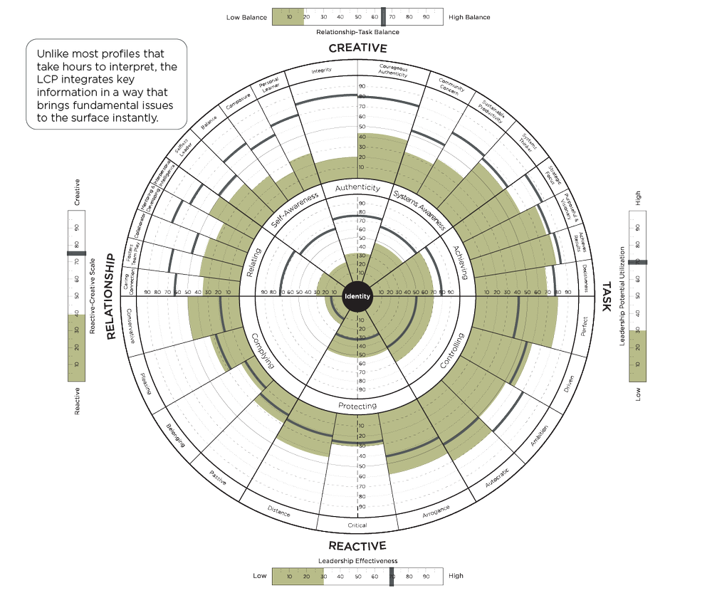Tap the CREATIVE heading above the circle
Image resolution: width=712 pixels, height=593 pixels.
[x=357, y=48]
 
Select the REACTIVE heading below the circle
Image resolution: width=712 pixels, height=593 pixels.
[x=357, y=546]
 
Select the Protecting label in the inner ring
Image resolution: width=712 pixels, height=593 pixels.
[x=357, y=406]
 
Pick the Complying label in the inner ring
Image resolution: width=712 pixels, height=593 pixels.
[x=263, y=351]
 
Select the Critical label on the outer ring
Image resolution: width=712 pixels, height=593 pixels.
[x=357, y=525]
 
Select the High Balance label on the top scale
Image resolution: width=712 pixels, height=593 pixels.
[x=469, y=16]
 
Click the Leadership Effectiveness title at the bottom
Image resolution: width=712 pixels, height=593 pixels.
[x=357, y=561]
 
